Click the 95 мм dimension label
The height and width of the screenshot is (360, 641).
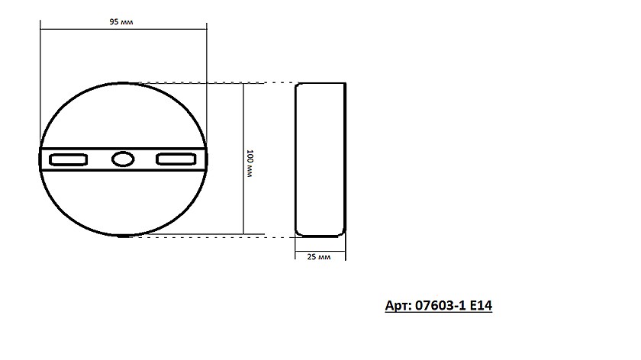click(x=121, y=21)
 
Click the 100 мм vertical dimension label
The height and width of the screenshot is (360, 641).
click(x=250, y=163)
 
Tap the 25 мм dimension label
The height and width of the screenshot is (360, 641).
click(x=319, y=257)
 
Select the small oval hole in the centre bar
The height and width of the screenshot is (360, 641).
click(x=123, y=159)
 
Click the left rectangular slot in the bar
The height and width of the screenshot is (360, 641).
click(x=68, y=159)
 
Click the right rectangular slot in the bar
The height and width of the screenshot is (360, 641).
click(x=176, y=159)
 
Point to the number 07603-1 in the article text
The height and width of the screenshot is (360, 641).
click(x=440, y=305)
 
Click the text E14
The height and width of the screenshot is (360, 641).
click(x=482, y=305)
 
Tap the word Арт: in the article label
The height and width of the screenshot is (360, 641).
click(x=398, y=305)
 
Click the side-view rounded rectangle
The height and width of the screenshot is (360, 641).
click(x=295, y=159)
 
